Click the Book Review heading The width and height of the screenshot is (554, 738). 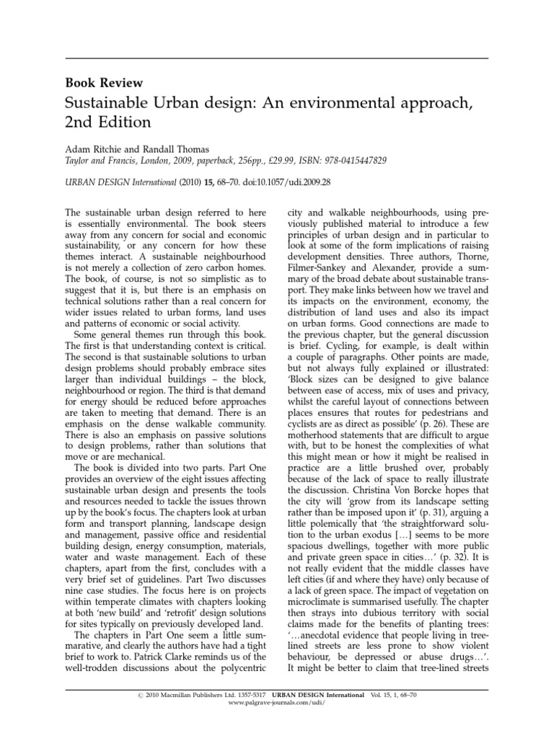coord(104,83)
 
